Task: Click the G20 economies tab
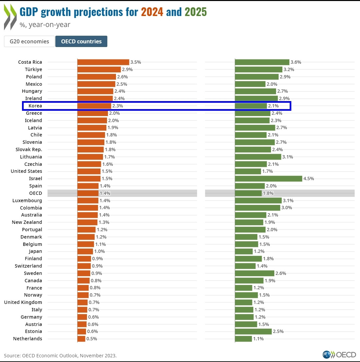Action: tap(29, 42)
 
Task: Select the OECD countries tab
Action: tap(81, 42)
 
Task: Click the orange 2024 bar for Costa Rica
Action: tap(103, 62)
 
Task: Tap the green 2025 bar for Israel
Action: tap(268, 178)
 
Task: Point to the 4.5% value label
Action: tap(309, 178)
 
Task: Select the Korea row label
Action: tap(35, 106)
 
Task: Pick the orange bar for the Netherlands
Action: tap(81, 339)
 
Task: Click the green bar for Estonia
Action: tap(253, 331)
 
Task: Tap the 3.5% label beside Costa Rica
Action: tap(136, 62)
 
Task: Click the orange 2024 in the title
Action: tap(152, 12)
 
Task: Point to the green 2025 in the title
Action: tap(196, 12)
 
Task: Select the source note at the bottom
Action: tap(60, 355)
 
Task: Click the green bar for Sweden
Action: tap(255, 273)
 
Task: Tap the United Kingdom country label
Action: tap(23, 302)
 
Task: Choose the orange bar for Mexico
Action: tap(96, 84)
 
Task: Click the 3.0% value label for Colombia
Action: tap(287, 208)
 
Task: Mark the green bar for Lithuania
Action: tap(258, 157)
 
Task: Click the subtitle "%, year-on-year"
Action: tap(45, 24)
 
